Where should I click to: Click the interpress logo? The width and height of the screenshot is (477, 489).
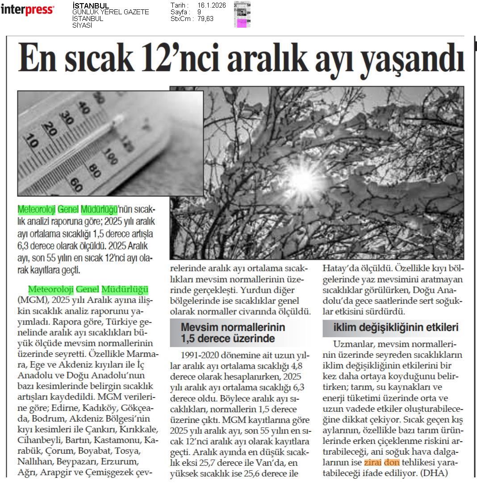pos(28,9)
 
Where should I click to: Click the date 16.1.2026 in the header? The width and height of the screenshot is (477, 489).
pos(211,5)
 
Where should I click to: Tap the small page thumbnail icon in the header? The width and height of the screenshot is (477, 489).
pos(242,14)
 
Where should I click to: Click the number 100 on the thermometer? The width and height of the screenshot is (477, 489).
pos(108,156)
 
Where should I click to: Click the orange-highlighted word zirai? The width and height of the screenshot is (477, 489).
pos(372,462)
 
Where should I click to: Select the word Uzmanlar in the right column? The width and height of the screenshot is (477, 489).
pos(351,344)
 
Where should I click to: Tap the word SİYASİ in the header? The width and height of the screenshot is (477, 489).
pos(82,25)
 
